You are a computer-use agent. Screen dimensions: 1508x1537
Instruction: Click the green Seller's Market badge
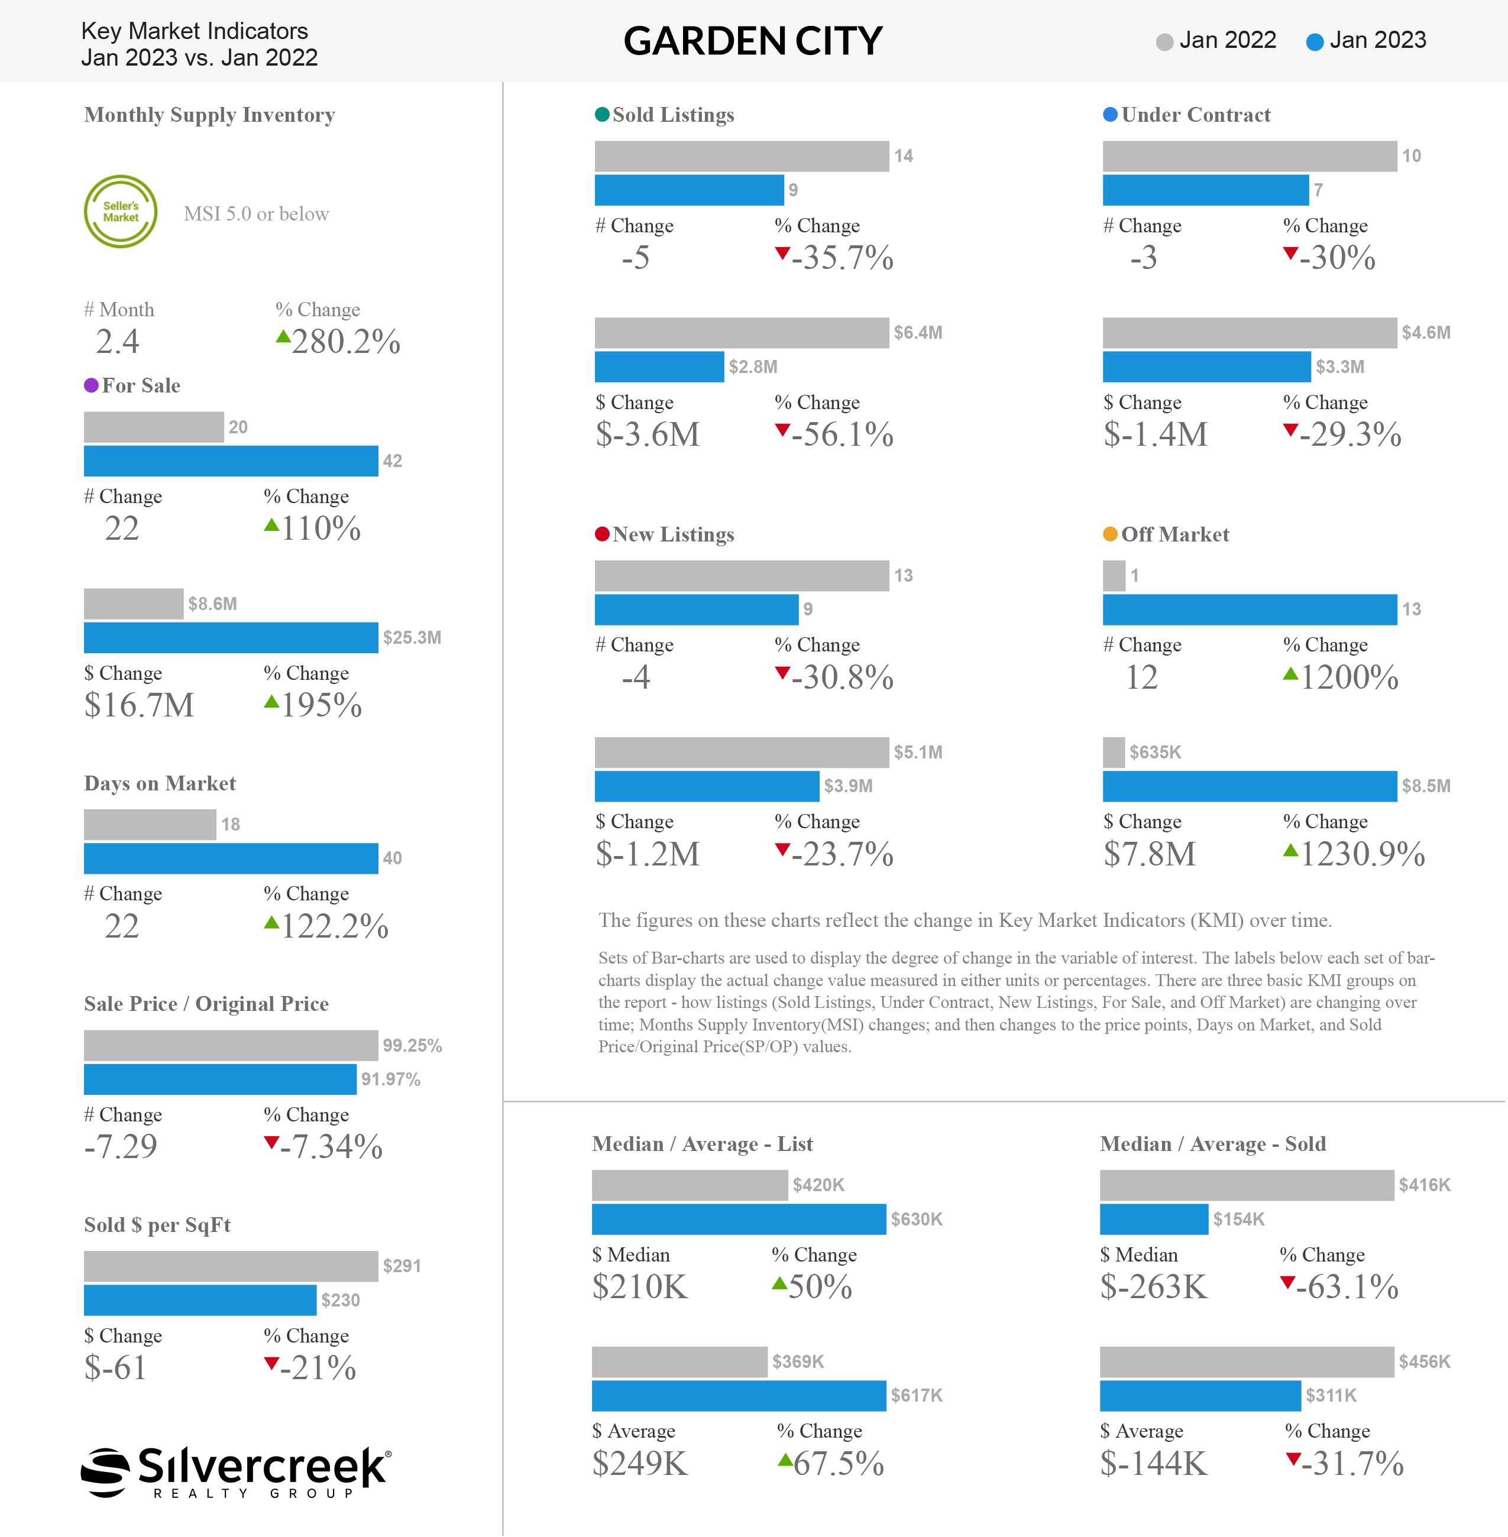(121, 212)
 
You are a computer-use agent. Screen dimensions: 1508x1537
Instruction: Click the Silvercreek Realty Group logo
(236, 1472)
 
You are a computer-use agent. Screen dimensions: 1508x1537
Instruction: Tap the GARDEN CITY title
(752, 41)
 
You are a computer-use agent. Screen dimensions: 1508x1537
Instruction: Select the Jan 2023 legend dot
(1315, 42)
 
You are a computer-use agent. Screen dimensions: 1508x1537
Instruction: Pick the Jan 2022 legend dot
(1164, 42)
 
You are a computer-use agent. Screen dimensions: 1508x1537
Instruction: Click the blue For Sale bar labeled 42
(231, 461)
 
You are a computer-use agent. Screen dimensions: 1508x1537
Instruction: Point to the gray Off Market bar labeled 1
(1114, 576)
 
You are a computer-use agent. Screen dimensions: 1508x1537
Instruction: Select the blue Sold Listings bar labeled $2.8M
(659, 367)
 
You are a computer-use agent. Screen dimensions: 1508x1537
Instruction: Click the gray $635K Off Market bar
(1114, 753)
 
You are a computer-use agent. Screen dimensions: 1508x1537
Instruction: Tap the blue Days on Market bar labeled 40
(231, 858)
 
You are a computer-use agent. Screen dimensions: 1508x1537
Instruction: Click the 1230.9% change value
(1363, 854)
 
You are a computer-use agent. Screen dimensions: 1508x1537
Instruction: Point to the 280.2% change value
(346, 341)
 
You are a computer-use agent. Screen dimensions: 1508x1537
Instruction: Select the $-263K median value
(1154, 1287)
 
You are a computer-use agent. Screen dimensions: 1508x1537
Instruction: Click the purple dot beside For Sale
(91, 385)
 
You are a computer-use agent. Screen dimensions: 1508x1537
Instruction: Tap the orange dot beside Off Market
(1111, 534)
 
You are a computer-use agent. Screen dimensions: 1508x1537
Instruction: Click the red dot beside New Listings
(602, 534)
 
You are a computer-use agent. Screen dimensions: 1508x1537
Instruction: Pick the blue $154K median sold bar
(1154, 1220)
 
